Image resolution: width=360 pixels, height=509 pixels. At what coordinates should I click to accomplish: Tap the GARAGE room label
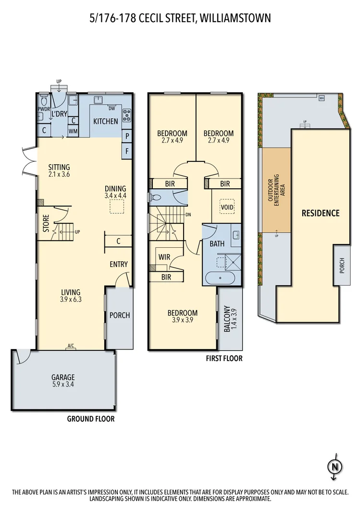coord(63,377)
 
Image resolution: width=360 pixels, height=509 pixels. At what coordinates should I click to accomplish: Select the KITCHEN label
coord(105,121)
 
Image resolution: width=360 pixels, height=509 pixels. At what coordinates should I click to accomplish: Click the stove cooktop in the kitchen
coord(127,115)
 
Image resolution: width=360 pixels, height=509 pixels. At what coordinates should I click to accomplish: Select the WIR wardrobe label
coord(165,256)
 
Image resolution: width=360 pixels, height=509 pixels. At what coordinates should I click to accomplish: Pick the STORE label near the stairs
coord(46,223)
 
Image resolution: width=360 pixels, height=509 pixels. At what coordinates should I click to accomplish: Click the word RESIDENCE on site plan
coord(320,213)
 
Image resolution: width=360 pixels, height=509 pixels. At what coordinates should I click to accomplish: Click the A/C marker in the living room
coord(71,346)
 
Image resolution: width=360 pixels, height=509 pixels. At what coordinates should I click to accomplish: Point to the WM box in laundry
coord(74,131)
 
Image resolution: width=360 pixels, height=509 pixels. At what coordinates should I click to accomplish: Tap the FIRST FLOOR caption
coord(223,358)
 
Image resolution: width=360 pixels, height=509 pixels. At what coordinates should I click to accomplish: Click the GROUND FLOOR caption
coord(90,419)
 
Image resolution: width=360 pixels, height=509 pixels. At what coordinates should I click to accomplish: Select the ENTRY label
coord(118,264)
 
